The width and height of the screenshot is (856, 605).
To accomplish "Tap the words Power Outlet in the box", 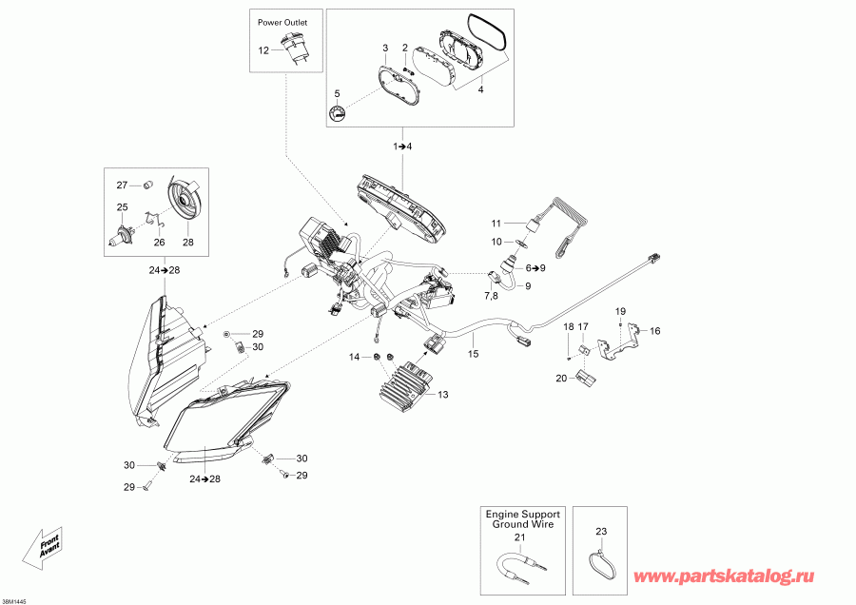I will click(286, 20).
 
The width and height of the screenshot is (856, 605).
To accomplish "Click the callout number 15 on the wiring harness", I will click(472, 354).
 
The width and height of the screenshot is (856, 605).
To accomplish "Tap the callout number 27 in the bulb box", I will click(122, 185).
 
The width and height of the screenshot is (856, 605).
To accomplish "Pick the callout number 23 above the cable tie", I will click(600, 531).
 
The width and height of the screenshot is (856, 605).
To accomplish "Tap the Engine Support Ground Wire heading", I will click(522, 518).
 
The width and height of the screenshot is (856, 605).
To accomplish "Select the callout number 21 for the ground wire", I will click(520, 537).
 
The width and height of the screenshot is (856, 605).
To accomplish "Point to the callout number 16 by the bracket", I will click(654, 331).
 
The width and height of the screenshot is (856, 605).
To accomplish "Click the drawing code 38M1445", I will click(15, 599).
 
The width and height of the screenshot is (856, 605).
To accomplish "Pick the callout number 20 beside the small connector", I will click(561, 379).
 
